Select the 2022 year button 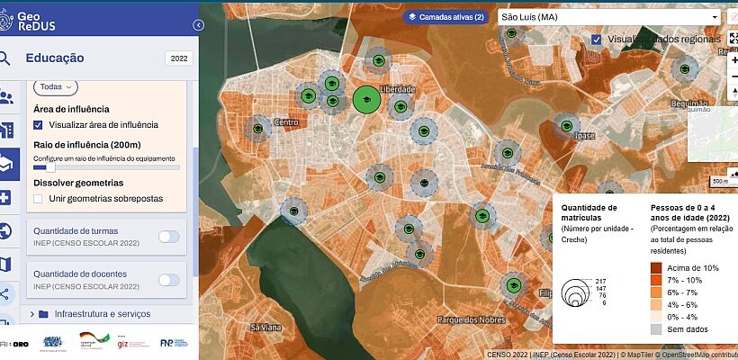178,58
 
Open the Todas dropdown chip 56,86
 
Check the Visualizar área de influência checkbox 38,125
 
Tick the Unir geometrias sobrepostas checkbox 38,198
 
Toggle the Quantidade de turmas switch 168,237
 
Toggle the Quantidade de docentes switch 168,280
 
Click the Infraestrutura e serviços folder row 103,314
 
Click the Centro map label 285,122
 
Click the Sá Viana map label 266,327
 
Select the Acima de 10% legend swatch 657,268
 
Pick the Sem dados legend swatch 657,329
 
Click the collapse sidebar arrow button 198,26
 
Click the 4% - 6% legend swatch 657,305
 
